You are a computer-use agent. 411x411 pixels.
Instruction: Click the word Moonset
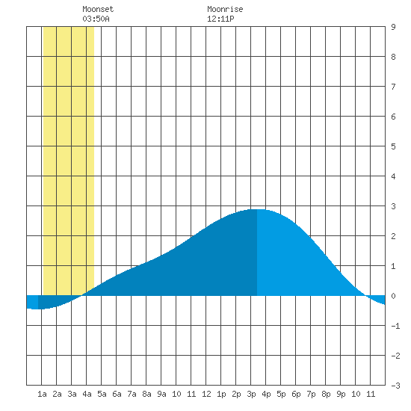[x=98, y=9]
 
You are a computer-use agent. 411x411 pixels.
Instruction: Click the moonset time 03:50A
[x=96, y=19]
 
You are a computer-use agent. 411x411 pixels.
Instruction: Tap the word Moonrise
[x=225, y=9]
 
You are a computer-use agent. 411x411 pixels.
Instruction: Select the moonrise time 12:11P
[x=220, y=19]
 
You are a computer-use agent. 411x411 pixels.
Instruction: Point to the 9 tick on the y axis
[x=393, y=27]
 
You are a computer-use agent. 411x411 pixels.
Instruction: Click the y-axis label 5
[x=393, y=146]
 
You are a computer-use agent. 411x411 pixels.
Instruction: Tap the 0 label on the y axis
[x=393, y=296]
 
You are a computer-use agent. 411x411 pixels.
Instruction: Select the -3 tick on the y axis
[x=395, y=386]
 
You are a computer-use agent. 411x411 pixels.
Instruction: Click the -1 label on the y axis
[x=395, y=326]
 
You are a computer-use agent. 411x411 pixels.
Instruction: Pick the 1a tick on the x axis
[x=42, y=394]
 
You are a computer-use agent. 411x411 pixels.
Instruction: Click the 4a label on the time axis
[x=87, y=394]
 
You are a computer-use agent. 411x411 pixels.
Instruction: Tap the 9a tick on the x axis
[x=161, y=394]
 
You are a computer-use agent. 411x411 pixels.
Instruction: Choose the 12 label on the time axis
[x=206, y=394]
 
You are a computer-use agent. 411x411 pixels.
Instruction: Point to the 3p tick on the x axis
[x=251, y=394]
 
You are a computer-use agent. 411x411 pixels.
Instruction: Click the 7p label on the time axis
[x=311, y=394]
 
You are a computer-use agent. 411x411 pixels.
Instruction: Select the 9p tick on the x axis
[x=341, y=394]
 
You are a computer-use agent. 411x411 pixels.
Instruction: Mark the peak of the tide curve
[x=257, y=209]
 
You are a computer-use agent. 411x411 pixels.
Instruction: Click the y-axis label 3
[x=393, y=206]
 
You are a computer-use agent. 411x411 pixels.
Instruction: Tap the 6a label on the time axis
[x=117, y=394]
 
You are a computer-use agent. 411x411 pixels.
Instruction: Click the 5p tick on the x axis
[x=281, y=394]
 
